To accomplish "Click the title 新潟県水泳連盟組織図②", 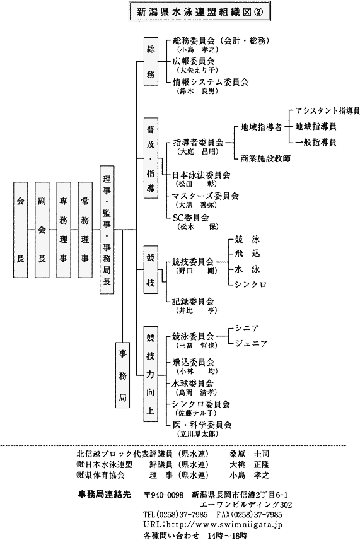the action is click(x=200, y=11).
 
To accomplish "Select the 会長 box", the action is click(x=20, y=230).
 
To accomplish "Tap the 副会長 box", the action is click(x=42, y=230).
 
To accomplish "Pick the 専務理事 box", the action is click(x=63, y=230).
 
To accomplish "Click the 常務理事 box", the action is click(x=85, y=230).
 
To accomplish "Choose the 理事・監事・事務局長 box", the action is click(x=107, y=230).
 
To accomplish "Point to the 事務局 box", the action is click(x=122, y=375).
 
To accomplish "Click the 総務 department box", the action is click(x=151, y=61).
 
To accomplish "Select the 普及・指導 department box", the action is click(x=151, y=158).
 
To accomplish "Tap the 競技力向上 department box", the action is click(x=151, y=373).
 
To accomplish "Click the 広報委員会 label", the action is click(x=194, y=61).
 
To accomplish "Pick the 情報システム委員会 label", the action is click(x=211, y=82).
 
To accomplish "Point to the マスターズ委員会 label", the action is click(x=206, y=196).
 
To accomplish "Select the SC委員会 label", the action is click(x=191, y=218).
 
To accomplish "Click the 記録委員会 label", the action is click(x=193, y=302).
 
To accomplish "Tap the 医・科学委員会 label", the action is click(x=202, y=425).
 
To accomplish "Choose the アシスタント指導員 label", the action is click(x=328, y=111).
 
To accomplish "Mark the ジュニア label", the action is click(x=251, y=344).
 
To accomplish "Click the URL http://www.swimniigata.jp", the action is click(x=213, y=525).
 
